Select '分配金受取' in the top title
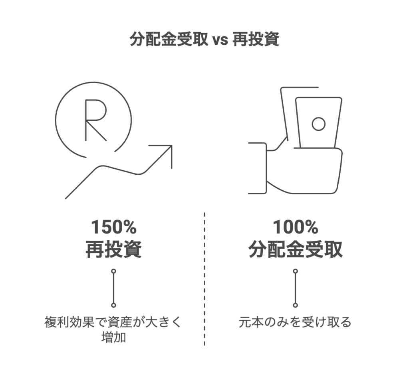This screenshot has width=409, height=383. (x=169, y=40)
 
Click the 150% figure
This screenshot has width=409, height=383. (x=114, y=227)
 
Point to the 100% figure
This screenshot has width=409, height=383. (x=295, y=227)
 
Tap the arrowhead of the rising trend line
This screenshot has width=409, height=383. (x=167, y=150)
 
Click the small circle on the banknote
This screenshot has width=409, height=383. (x=318, y=124)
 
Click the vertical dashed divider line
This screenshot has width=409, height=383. (x=204, y=280)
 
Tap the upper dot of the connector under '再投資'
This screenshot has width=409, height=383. (x=114, y=271)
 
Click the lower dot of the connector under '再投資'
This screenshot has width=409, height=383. (x=114, y=305)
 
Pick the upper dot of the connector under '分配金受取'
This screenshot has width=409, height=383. (x=295, y=271)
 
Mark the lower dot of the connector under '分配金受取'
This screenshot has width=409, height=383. (x=295, y=305)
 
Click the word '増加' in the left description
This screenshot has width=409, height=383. (x=114, y=338)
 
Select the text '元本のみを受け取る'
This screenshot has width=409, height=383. (x=295, y=322)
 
